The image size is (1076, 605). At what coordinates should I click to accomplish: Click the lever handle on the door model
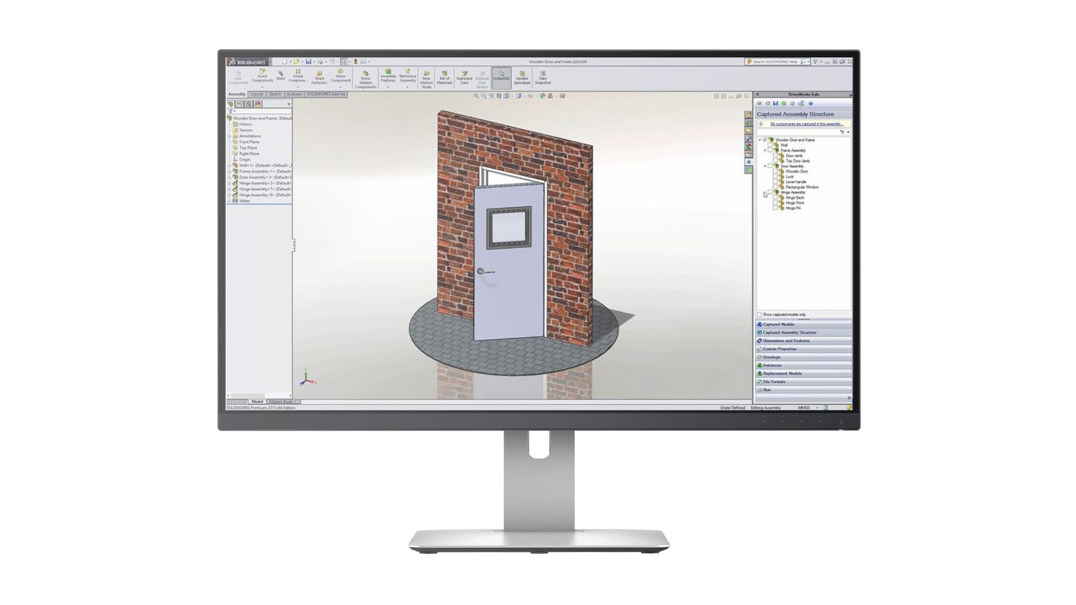click(x=482, y=271)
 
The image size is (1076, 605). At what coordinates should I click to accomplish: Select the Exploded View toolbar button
click(x=464, y=78)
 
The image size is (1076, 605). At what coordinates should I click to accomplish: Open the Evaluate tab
click(x=294, y=94)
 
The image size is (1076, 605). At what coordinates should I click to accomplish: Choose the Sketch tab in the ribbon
click(x=275, y=94)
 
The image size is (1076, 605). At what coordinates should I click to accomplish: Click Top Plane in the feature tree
click(x=248, y=148)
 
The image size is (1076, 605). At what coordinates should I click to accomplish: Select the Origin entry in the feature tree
click(x=245, y=159)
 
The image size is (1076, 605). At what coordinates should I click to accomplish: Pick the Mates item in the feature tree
click(x=245, y=200)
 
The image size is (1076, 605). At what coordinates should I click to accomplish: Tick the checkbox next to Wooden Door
click(x=775, y=171)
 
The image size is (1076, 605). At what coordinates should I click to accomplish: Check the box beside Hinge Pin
click(x=775, y=208)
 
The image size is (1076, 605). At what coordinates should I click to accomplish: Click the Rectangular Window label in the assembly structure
click(x=802, y=187)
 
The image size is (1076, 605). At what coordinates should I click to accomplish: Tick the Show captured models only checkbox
click(x=760, y=315)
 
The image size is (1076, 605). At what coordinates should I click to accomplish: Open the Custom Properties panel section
click(x=779, y=349)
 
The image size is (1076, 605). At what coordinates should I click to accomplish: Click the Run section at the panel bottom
click(x=767, y=390)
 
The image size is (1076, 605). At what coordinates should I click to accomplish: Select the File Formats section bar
click(x=776, y=382)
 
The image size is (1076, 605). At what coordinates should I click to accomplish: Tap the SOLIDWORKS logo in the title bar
click(x=247, y=62)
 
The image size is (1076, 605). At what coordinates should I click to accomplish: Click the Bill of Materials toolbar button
click(x=445, y=78)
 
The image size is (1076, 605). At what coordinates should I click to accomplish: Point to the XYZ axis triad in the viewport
click(x=305, y=379)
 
